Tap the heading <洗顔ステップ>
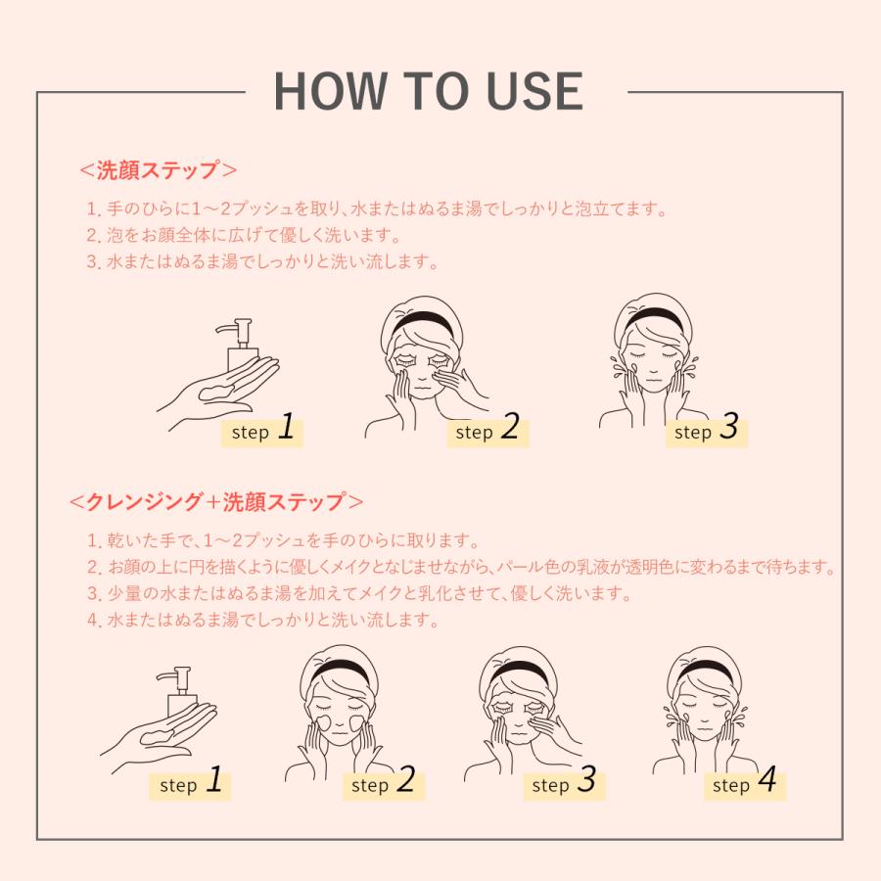[x=158, y=170]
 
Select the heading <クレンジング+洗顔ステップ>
[x=216, y=502]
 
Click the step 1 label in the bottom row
[x=191, y=783]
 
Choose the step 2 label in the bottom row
[x=383, y=783]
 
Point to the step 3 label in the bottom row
[x=564, y=783]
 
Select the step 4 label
[x=745, y=783]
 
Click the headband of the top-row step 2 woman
[x=423, y=319]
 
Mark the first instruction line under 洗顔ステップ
[x=377, y=209]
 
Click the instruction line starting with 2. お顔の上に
[x=461, y=567]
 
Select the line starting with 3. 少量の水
[x=359, y=593]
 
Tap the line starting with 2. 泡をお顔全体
[x=244, y=235]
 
